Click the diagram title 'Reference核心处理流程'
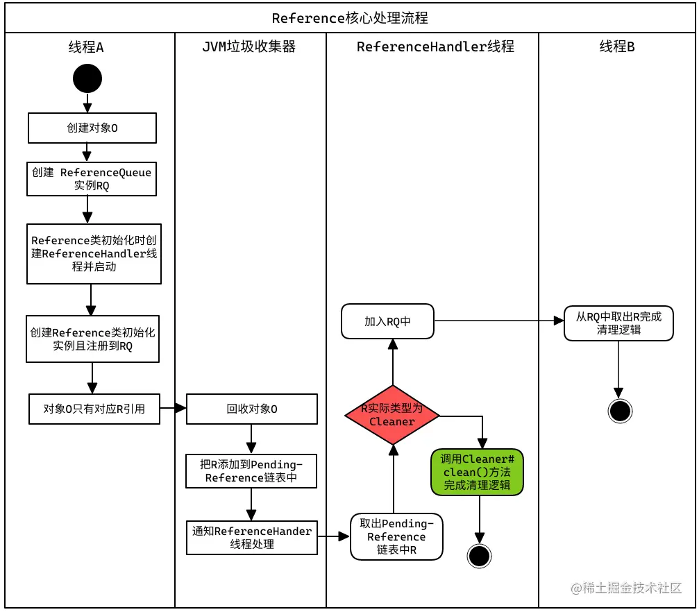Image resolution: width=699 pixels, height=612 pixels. click(x=349, y=18)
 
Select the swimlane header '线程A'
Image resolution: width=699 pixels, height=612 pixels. click(x=86, y=47)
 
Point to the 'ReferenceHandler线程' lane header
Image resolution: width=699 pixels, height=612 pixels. click(x=435, y=47)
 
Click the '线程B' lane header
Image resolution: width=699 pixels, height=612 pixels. click(x=617, y=47)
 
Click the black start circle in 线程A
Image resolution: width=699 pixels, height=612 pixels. click(x=87, y=78)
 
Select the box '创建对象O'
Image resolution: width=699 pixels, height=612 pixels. click(x=92, y=128)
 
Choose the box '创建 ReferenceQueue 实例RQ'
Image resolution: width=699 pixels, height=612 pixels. click(x=92, y=179)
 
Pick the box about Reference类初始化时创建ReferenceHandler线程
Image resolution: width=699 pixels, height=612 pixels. click(x=94, y=253)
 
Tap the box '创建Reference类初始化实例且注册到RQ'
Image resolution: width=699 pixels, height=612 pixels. click(x=92, y=339)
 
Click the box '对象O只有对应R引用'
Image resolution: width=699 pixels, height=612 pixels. click(x=94, y=409)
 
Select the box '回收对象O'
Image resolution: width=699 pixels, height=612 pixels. click(x=252, y=409)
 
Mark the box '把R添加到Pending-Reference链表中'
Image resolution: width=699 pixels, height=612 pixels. click(x=252, y=471)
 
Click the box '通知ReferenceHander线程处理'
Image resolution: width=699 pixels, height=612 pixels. click(x=252, y=538)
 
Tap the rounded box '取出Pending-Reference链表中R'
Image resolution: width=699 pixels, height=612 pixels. click(x=396, y=536)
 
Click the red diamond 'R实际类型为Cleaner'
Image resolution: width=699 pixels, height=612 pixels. click(x=392, y=415)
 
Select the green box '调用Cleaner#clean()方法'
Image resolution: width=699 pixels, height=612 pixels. click(x=477, y=472)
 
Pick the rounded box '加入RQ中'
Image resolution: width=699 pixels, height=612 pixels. click(x=387, y=321)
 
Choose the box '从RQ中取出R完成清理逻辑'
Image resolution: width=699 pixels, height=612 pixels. click(x=618, y=323)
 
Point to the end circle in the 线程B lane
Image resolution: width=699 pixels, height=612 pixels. click(x=619, y=411)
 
